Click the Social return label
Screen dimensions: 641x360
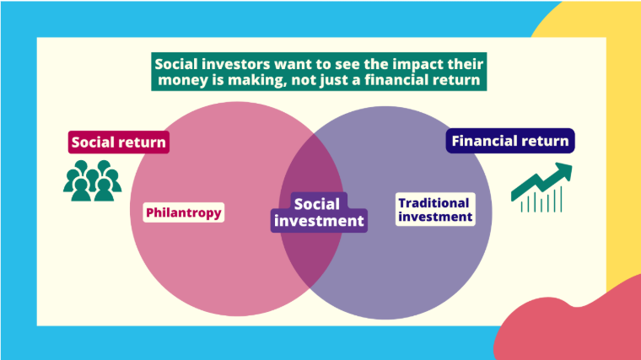(x=119, y=142)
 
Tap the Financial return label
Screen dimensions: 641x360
(x=510, y=141)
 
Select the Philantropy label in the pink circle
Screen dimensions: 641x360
(x=184, y=212)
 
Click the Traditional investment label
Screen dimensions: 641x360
(x=435, y=209)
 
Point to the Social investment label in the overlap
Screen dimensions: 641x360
(x=319, y=212)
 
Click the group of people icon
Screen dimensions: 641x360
(x=93, y=180)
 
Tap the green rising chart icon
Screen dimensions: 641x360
(x=541, y=187)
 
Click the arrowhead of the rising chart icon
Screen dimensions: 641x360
(x=564, y=170)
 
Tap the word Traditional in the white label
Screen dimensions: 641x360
(x=434, y=203)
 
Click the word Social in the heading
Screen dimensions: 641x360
(x=175, y=64)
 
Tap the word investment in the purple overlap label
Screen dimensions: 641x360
(x=319, y=221)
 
